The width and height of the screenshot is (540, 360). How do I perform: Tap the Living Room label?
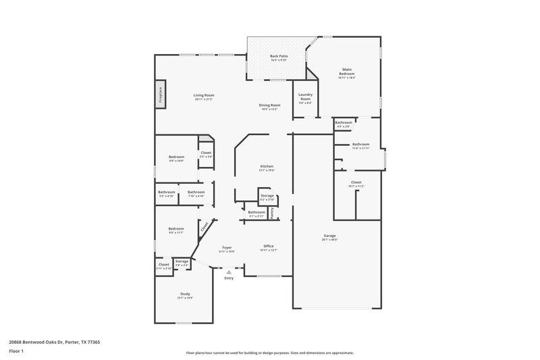204,96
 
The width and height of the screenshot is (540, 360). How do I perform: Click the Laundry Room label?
304,98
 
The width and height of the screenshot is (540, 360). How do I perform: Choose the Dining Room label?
269,105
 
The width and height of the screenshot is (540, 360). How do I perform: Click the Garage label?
329,236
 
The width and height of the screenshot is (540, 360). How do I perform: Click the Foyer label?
227,248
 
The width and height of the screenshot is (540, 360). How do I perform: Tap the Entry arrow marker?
229,272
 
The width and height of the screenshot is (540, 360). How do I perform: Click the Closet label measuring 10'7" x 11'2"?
356,182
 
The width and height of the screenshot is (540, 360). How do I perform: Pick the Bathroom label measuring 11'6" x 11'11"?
360,144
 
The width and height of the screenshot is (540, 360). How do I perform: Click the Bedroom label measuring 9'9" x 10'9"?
176,157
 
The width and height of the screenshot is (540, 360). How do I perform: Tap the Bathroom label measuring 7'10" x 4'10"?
196,192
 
